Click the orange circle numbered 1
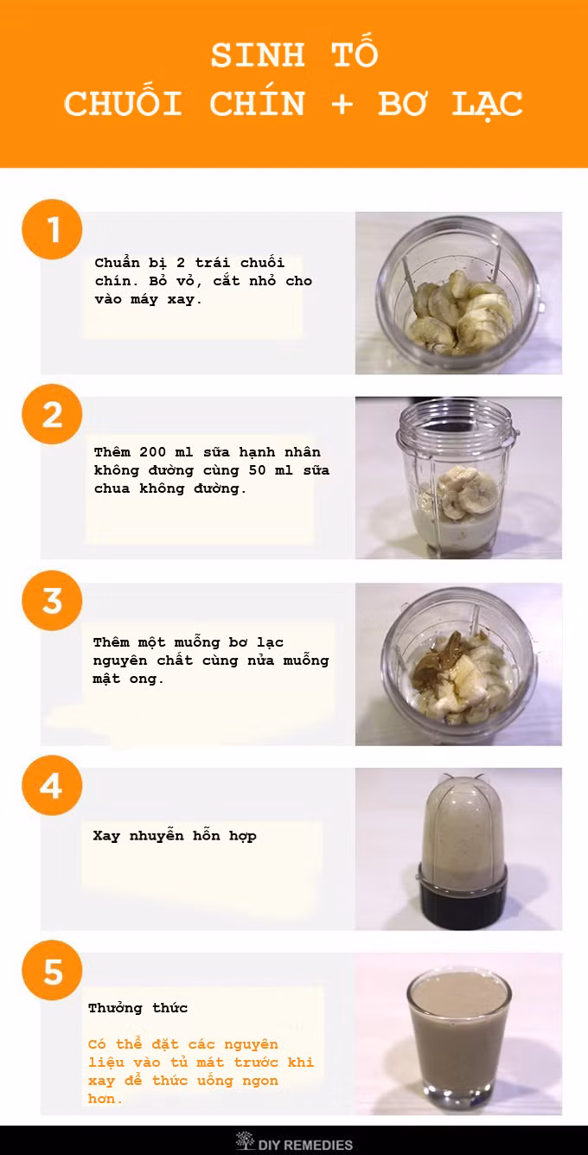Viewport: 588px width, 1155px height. point(52,229)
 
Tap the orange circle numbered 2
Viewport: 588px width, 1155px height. point(52,414)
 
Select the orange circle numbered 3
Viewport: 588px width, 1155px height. point(52,601)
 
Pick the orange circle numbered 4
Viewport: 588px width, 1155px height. point(52,785)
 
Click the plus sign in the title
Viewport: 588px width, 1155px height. point(342,104)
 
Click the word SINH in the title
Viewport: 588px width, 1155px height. point(258,55)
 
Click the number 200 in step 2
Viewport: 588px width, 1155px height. point(153,452)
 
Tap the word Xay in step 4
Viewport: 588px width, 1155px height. point(106,836)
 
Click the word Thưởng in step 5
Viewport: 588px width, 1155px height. point(115,1008)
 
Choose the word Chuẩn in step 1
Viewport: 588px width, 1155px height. point(117,263)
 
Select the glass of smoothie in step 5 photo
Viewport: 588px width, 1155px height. point(459,1039)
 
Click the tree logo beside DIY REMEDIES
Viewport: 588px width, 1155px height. point(245,1140)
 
